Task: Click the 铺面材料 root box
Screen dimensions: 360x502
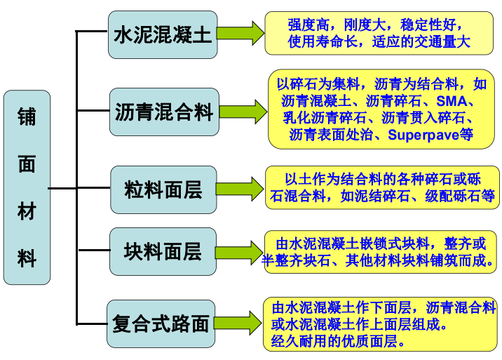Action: click(x=27, y=187)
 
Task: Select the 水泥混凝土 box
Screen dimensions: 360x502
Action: click(x=163, y=34)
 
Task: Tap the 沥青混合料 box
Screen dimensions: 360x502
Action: click(x=163, y=112)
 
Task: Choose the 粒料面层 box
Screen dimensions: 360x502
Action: click(x=163, y=189)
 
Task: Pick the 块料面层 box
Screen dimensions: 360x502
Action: click(x=163, y=251)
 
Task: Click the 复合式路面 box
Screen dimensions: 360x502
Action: click(x=161, y=324)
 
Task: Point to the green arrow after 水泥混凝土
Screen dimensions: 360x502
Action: click(x=240, y=33)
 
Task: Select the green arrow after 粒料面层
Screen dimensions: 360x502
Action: click(x=240, y=188)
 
